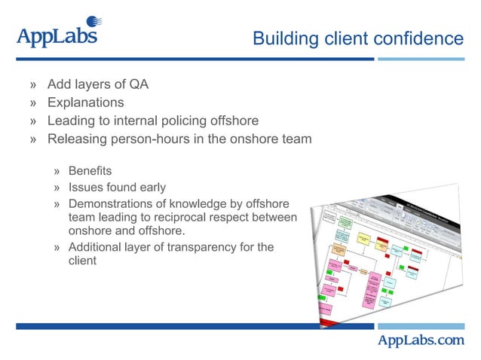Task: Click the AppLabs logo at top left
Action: coord(57,35)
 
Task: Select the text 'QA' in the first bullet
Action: coord(139,84)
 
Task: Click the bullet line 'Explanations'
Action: coord(85,102)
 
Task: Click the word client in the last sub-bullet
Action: coord(82,261)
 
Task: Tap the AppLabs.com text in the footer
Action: coord(421,340)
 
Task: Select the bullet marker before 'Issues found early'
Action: coord(57,188)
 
